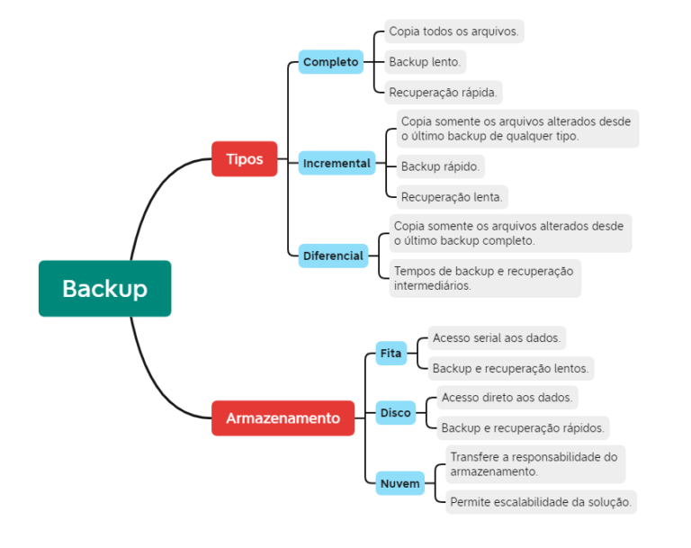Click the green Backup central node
tap(104, 289)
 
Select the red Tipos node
tap(245, 159)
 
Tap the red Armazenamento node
tap(283, 418)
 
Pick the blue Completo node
tap(331, 62)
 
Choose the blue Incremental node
tap(337, 163)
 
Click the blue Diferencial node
tap(333, 256)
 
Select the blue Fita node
tap(390, 354)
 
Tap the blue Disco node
tap(395, 413)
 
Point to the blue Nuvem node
tap(400, 484)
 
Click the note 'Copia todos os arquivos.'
tap(453, 31)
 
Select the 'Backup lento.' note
tap(425, 62)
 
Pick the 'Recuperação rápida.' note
tap(443, 92)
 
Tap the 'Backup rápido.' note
tap(440, 166)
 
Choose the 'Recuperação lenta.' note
tap(453, 196)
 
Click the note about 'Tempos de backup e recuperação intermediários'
tap(483, 278)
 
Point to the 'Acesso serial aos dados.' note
tap(496, 338)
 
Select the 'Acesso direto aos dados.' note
tap(507, 397)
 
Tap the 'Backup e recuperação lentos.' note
tap(510, 368)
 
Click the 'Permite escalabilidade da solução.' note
tap(540, 502)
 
